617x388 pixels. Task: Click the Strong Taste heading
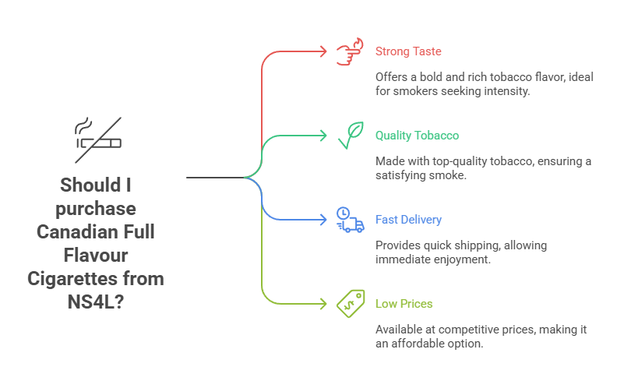click(x=408, y=51)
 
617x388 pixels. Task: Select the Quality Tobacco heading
click(x=417, y=136)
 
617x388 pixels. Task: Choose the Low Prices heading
click(x=404, y=304)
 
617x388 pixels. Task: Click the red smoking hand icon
click(x=350, y=52)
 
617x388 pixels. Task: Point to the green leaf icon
click(x=350, y=136)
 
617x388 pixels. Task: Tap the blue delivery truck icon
click(x=350, y=220)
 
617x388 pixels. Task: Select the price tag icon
click(x=350, y=304)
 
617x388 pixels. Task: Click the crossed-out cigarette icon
click(x=97, y=139)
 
